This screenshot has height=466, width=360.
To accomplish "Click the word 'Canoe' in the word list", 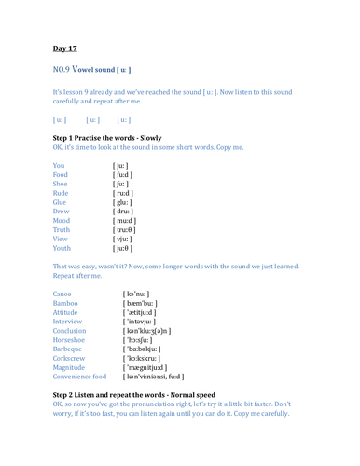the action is pyautogui.click(x=65, y=279).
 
